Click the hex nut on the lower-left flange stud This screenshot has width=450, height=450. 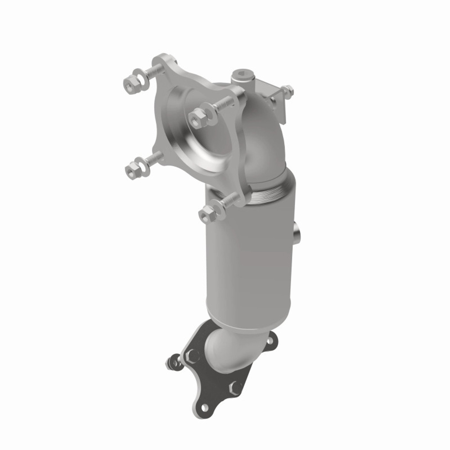point(132,170)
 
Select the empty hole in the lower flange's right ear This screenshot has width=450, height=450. point(270,340)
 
